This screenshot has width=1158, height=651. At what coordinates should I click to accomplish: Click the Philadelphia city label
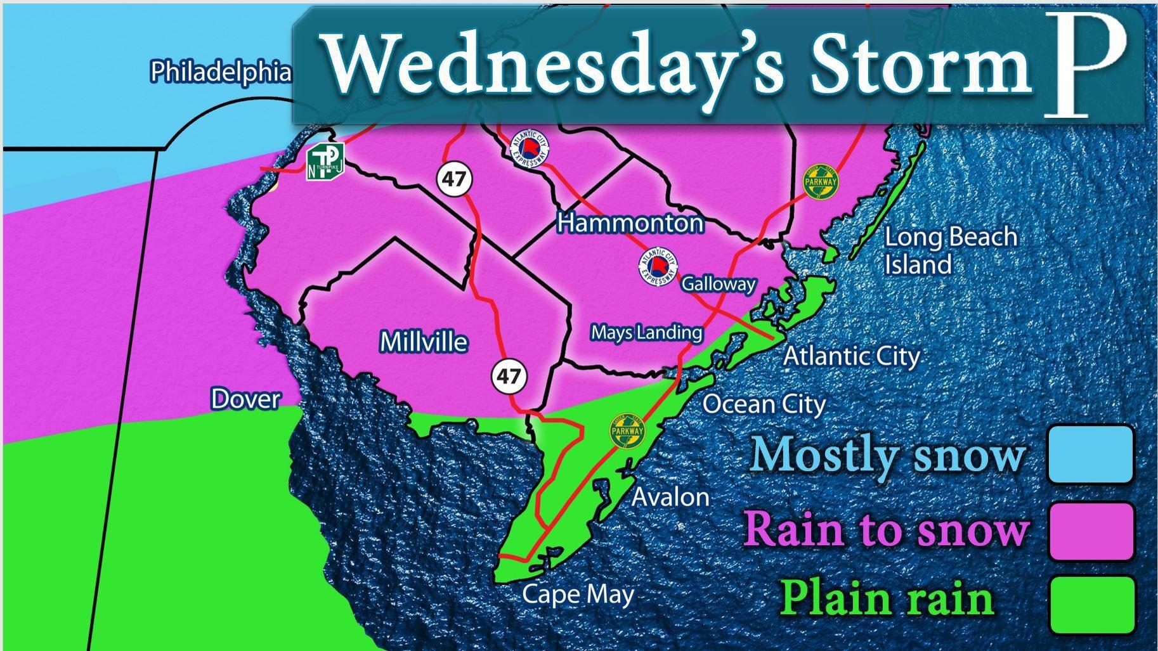point(220,72)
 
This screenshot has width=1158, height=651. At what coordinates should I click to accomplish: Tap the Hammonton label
point(630,223)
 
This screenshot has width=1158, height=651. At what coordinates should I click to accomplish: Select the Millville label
point(424,342)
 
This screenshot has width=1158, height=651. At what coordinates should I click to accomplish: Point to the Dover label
point(245,399)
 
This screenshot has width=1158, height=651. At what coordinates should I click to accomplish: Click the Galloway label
point(719,284)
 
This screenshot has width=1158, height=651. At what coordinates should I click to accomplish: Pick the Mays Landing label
point(647,333)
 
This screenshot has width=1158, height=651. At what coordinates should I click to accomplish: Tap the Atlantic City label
point(852,356)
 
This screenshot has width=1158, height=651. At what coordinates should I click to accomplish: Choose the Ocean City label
point(764,404)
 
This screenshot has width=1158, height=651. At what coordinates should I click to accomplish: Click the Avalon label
point(670,498)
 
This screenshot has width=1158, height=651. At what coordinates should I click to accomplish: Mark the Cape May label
point(578,595)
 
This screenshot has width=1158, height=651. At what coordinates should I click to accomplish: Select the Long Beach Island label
point(950,250)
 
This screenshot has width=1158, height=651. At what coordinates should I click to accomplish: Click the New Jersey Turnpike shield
point(325,162)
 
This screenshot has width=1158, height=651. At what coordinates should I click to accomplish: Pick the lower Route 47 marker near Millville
point(509,377)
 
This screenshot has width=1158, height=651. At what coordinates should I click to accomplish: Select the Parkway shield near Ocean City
point(627,431)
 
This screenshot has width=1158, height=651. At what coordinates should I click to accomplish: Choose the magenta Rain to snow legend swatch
point(1091,531)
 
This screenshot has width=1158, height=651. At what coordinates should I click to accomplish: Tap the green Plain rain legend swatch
point(1091,604)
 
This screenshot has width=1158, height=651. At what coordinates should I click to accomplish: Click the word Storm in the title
point(921,67)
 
